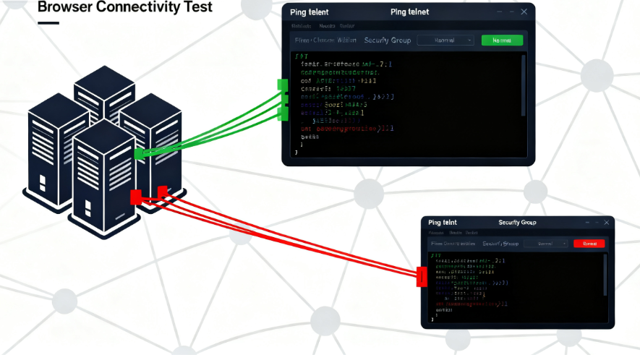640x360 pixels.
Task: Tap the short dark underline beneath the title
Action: (x=48, y=23)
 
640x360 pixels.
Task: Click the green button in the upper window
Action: (x=501, y=40)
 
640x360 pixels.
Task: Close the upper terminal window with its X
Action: (x=520, y=12)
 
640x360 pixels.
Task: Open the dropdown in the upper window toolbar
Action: (x=445, y=40)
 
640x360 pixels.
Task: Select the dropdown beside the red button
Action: (x=547, y=244)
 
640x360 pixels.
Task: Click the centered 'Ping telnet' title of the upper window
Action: (x=409, y=12)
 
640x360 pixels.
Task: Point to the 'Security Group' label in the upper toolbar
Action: (x=388, y=40)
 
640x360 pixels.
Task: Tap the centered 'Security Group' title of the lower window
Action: (x=517, y=223)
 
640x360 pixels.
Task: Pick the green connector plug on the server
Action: (x=140, y=153)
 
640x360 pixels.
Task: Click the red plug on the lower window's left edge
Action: (x=422, y=276)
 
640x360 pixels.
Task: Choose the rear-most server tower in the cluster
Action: (x=104, y=90)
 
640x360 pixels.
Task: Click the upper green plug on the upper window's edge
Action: (x=283, y=85)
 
